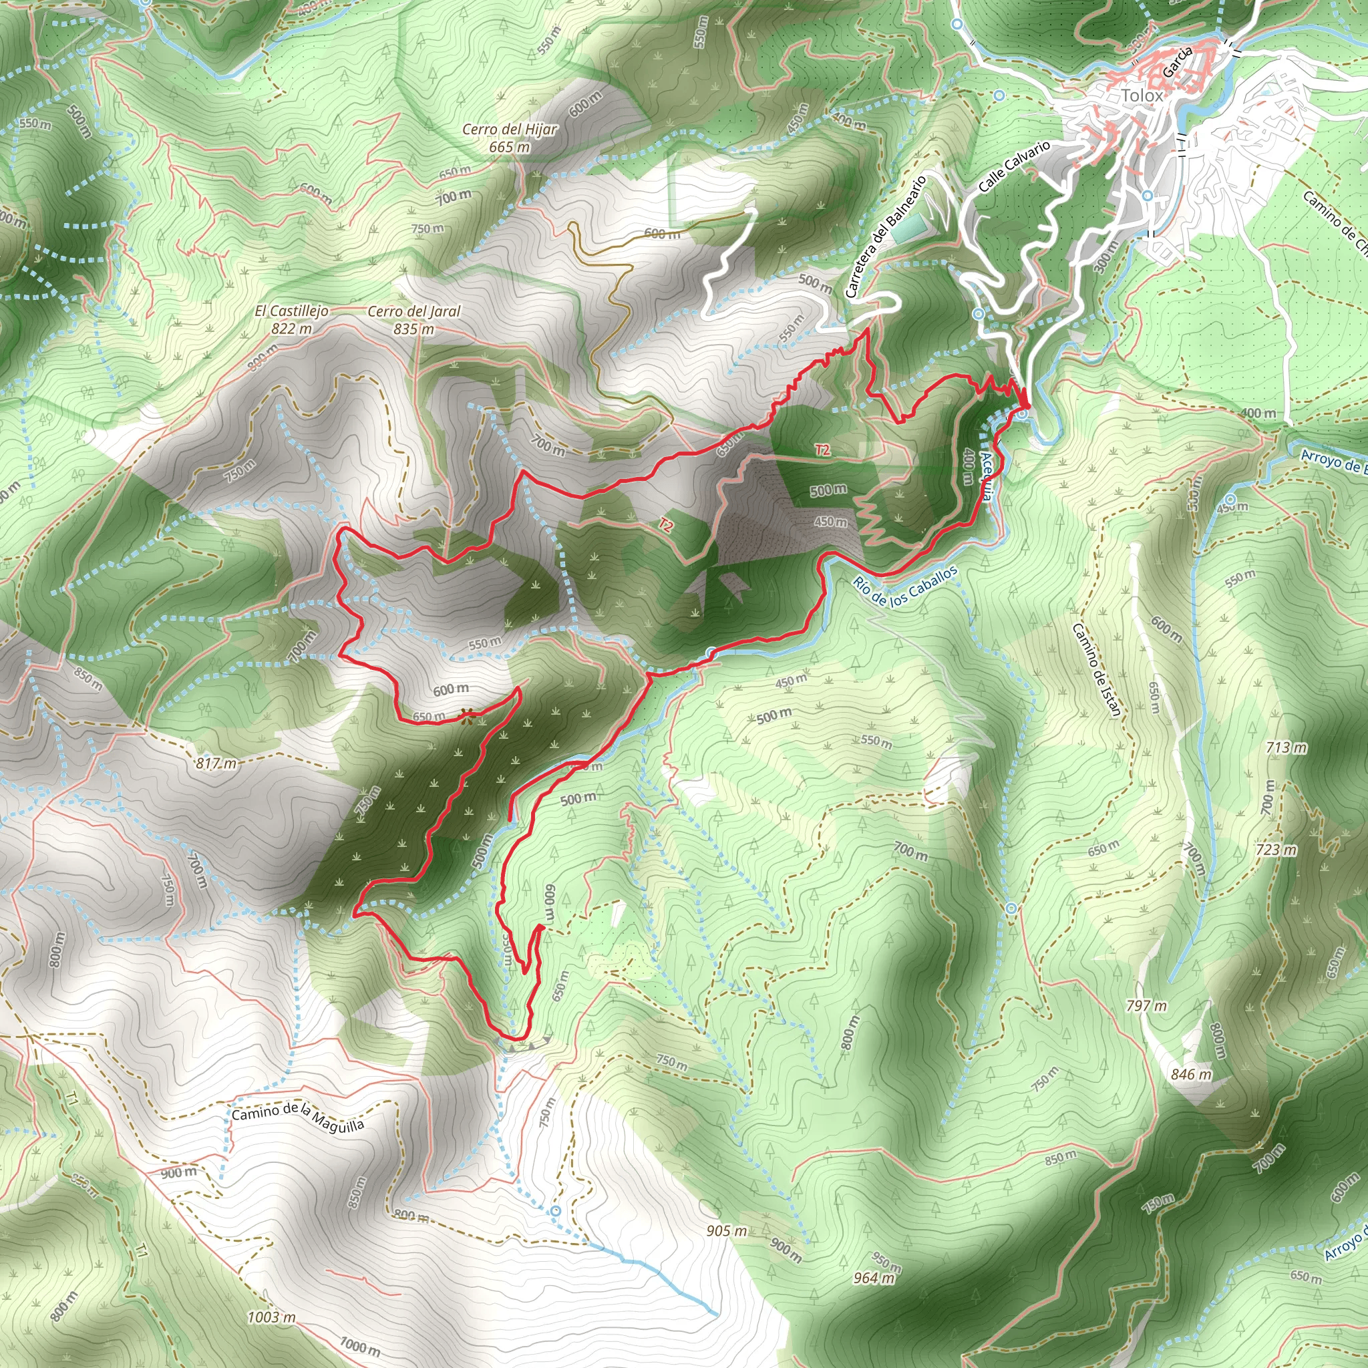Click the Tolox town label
pyautogui.click(x=1142, y=96)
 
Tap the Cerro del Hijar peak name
pyautogui.click(x=510, y=130)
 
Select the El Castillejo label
pyautogui.click(x=292, y=311)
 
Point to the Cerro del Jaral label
pyautogui.click(x=414, y=311)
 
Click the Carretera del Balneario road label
pyautogui.click(x=886, y=237)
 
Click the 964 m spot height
pyautogui.click(x=874, y=1278)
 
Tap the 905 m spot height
pyautogui.click(x=727, y=1231)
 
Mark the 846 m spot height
pyautogui.click(x=1191, y=1074)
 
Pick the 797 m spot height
pyautogui.click(x=1146, y=1005)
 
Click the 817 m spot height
pyautogui.click(x=216, y=763)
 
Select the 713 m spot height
pyautogui.click(x=1287, y=747)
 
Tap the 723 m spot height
pyautogui.click(x=1276, y=849)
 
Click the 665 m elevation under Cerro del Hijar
pyautogui.click(x=510, y=147)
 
